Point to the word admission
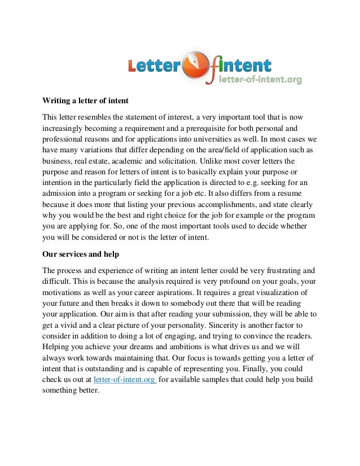(x=60, y=192)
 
